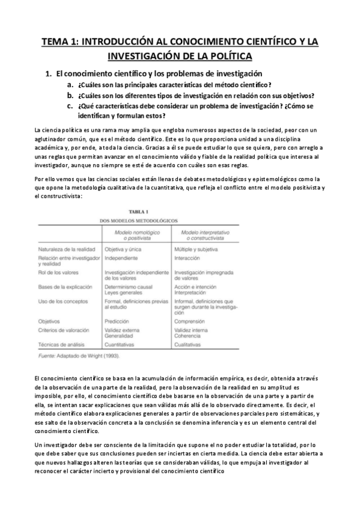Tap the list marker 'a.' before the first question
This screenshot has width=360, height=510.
pyautogui.click(x=70, y=85)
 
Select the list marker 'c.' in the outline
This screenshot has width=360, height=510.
pyautogui.click(x=70, y=105)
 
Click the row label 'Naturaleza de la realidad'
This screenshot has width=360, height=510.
pyautogui.click(x=64, y=248)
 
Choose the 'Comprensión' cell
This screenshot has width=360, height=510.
pyautogui.click(x=191, y=321)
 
